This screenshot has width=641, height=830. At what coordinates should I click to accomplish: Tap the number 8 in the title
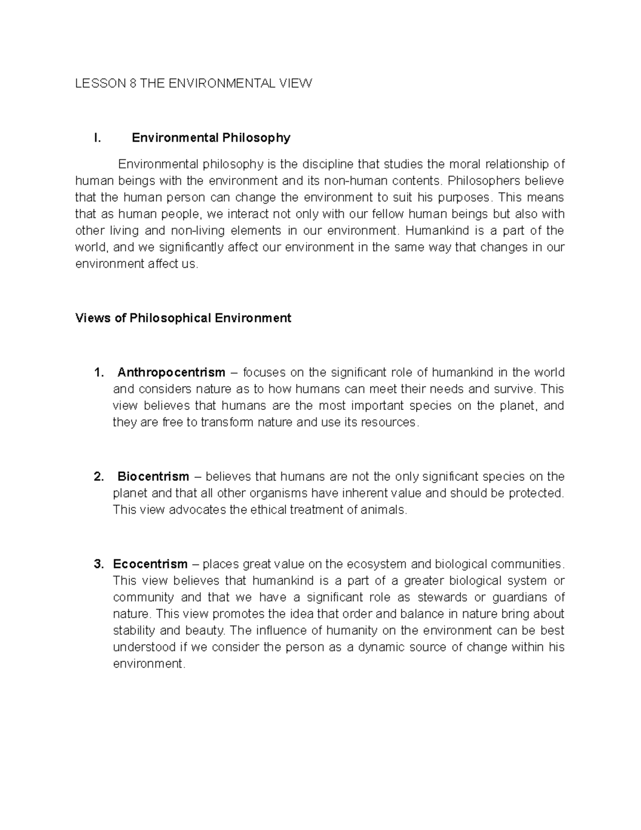(x=134, y=83)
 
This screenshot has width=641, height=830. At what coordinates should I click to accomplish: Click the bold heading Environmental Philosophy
(x=211, y=138)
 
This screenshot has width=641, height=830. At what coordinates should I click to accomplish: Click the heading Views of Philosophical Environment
(x=183, y=319)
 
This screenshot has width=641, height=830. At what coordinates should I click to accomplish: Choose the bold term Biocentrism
(x=153, y=476)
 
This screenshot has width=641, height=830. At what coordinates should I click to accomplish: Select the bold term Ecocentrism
(x=150, y=564)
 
